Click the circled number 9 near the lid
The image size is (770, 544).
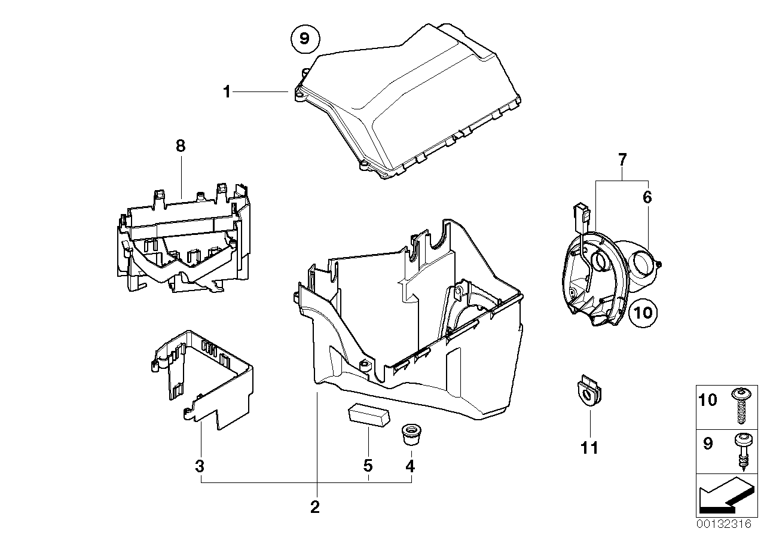[304, 39]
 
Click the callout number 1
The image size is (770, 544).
[227, 91]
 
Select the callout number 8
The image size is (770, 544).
[181, 145]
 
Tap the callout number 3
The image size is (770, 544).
[200, 465]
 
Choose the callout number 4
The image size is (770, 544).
[410, 465]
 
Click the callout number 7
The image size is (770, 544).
[622, 160]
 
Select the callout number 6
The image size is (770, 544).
[647, 197]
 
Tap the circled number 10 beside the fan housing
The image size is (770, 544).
[644, 311]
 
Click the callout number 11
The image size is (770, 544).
[590, 447]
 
